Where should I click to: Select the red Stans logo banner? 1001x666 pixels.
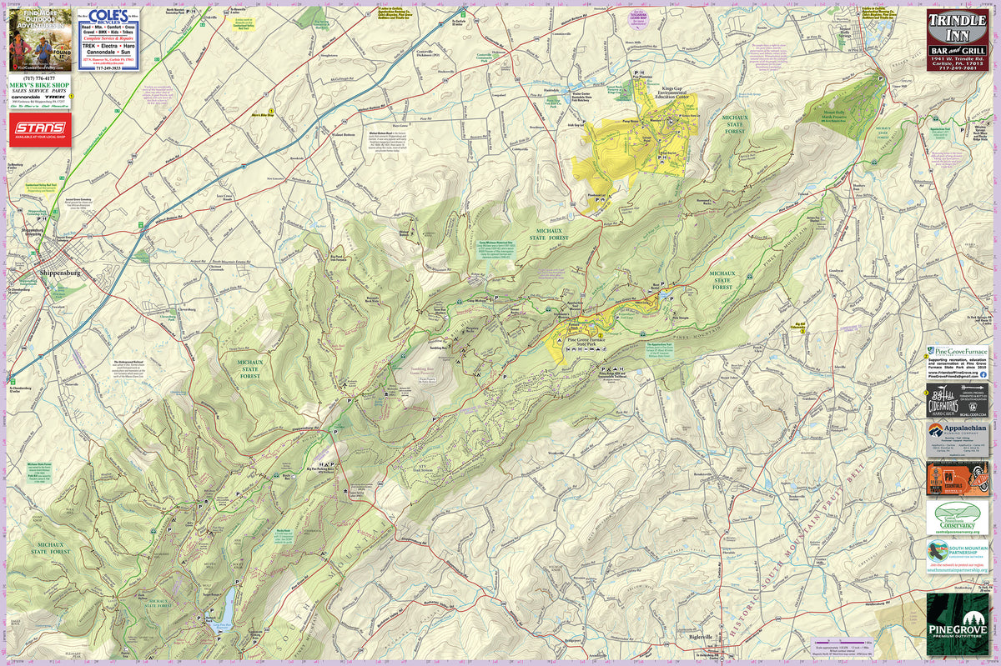coord(39,129)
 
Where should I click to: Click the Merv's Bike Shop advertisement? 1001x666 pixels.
coord(39,94)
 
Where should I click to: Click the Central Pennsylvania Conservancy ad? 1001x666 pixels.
coord(957,518)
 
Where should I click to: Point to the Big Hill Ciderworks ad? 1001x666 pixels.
coord(957,402)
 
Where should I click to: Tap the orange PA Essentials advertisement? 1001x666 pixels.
coord(957,478)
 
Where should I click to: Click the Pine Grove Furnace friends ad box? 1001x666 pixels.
coord(957,363)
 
